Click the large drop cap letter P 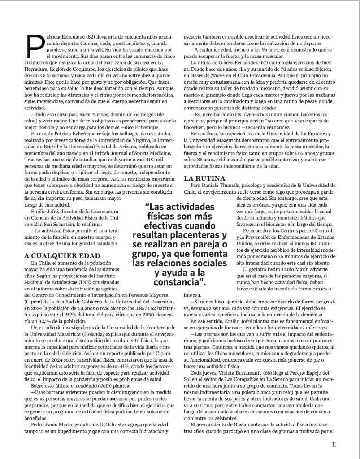click(x=35, y=45)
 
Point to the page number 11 click(x=334, y=445)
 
